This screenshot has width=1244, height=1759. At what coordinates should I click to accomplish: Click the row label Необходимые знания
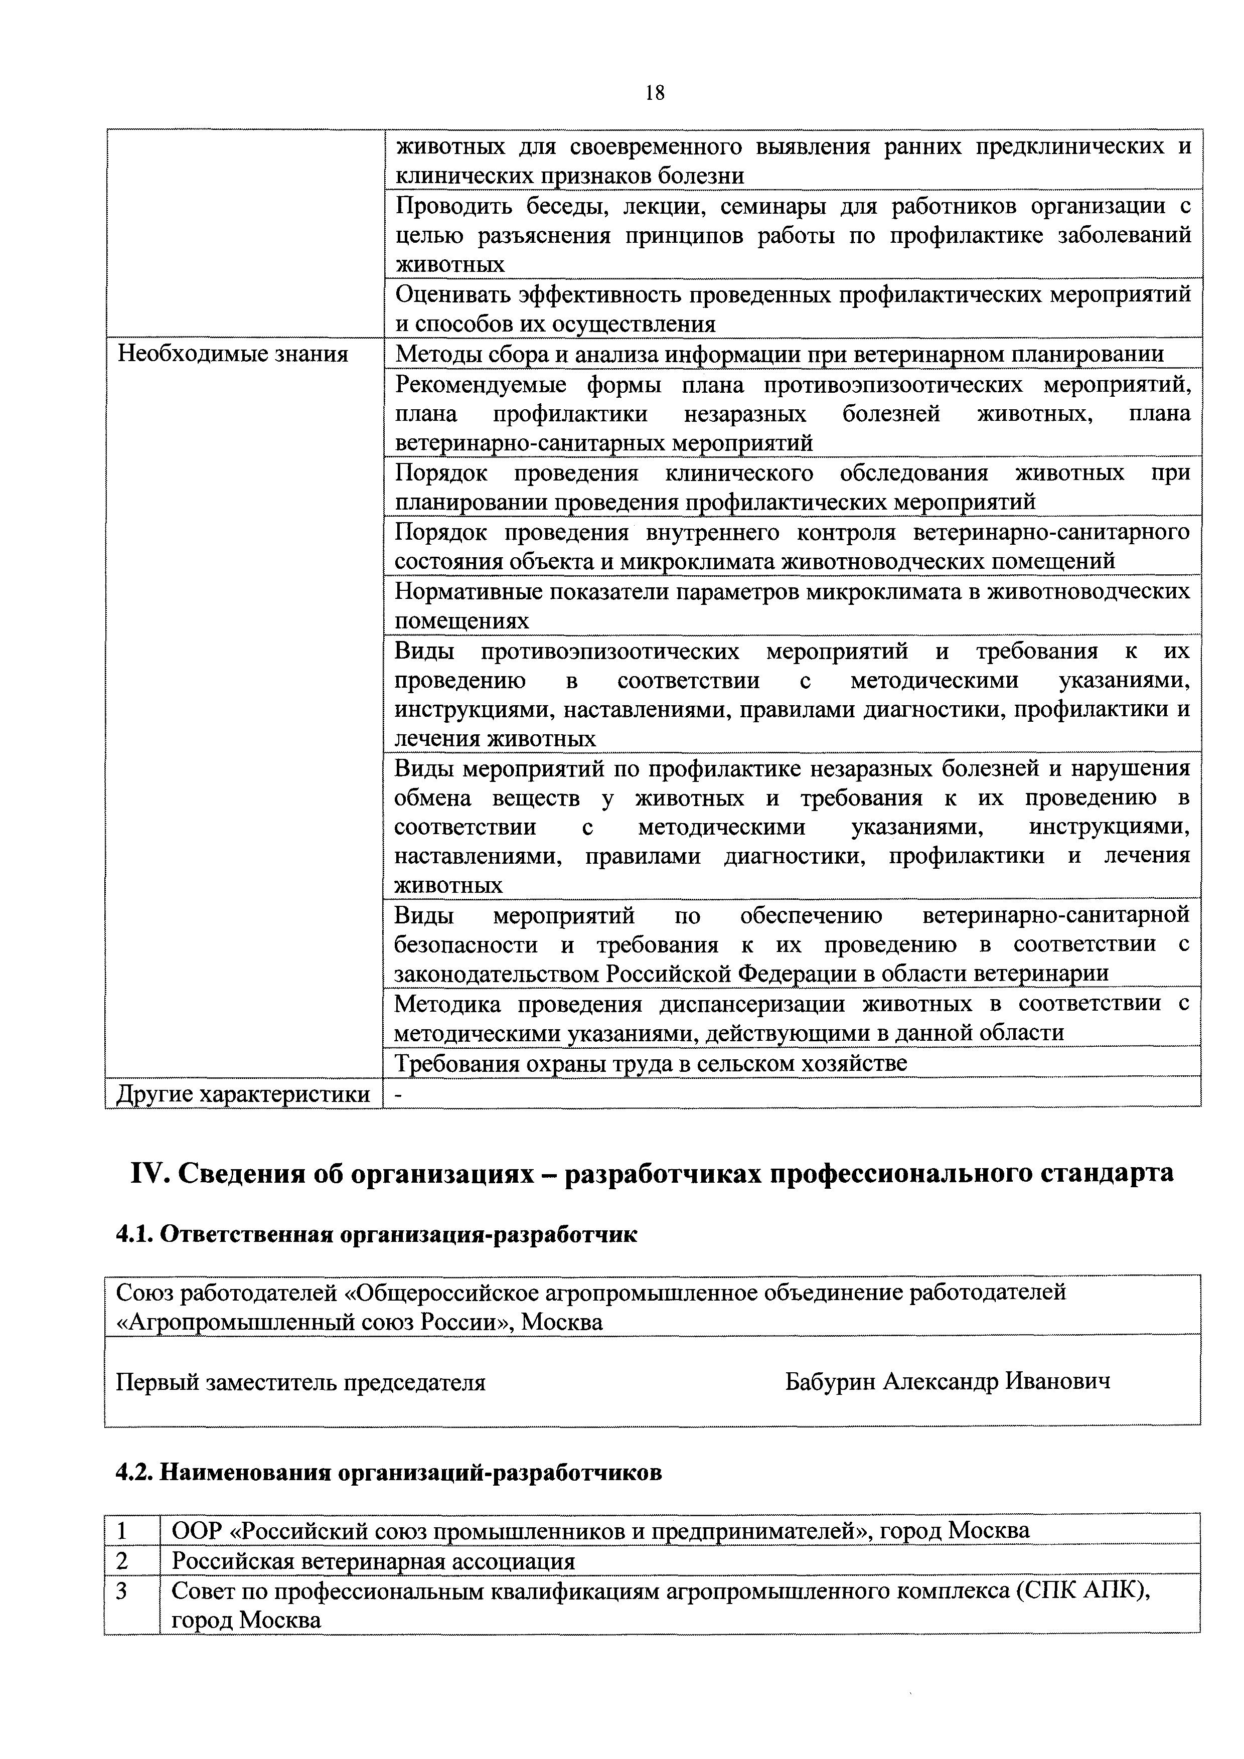pyautogui.click(x=232, y=354)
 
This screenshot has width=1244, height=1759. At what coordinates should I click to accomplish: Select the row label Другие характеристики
pyautogui.click(x=243, y=1094)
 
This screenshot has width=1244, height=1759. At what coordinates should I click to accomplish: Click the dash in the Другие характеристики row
pyautogui.click(x=398, y=1094)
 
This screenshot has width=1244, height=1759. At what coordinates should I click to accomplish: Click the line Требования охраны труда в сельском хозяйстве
pyautogui.click(x=651, y=1063)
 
